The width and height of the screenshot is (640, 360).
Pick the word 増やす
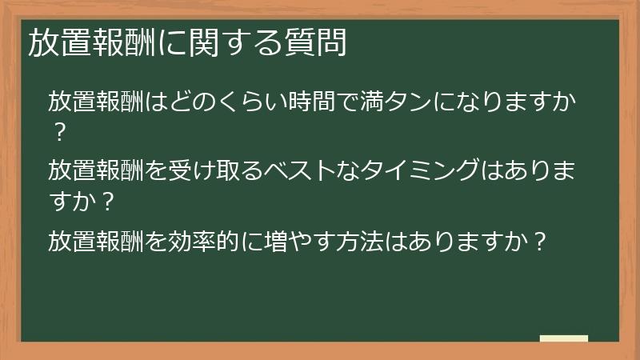(291, 239)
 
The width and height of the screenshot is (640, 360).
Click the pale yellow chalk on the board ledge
(563, 338)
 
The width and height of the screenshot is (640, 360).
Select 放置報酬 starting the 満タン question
(96, 102)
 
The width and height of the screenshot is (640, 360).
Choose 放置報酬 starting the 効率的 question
(96, 239)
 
